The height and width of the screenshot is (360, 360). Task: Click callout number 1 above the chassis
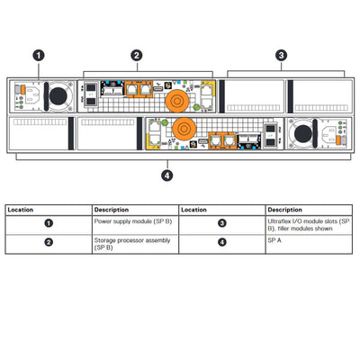39,55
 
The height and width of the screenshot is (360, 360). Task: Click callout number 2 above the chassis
137,55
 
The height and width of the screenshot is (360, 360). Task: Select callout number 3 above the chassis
282,55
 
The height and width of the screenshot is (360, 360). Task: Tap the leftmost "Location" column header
22,209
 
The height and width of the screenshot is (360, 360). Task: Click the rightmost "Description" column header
285,209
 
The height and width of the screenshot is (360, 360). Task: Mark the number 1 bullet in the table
49,221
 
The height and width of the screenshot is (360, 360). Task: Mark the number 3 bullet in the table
222,221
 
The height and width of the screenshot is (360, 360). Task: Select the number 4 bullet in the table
222,242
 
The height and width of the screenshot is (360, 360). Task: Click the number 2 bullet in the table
49,242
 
